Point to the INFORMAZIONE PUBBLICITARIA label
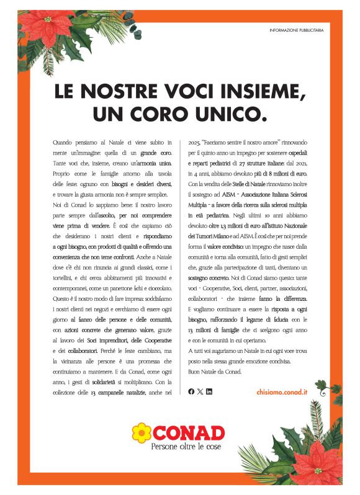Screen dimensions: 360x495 tap(297, 30)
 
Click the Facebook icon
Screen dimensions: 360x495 tap(191, 391)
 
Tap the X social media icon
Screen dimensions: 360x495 tap(200, 391)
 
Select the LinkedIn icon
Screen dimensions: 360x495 tap(209, 391)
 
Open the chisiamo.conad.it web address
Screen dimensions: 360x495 tap(282, 392)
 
